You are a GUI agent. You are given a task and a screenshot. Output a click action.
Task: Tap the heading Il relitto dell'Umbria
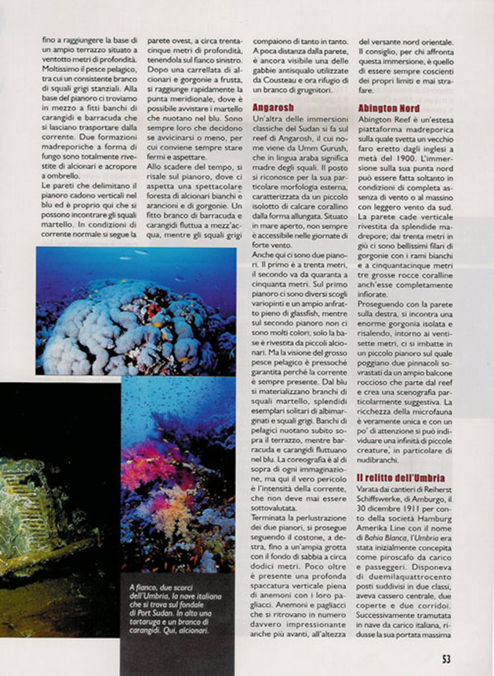401,477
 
